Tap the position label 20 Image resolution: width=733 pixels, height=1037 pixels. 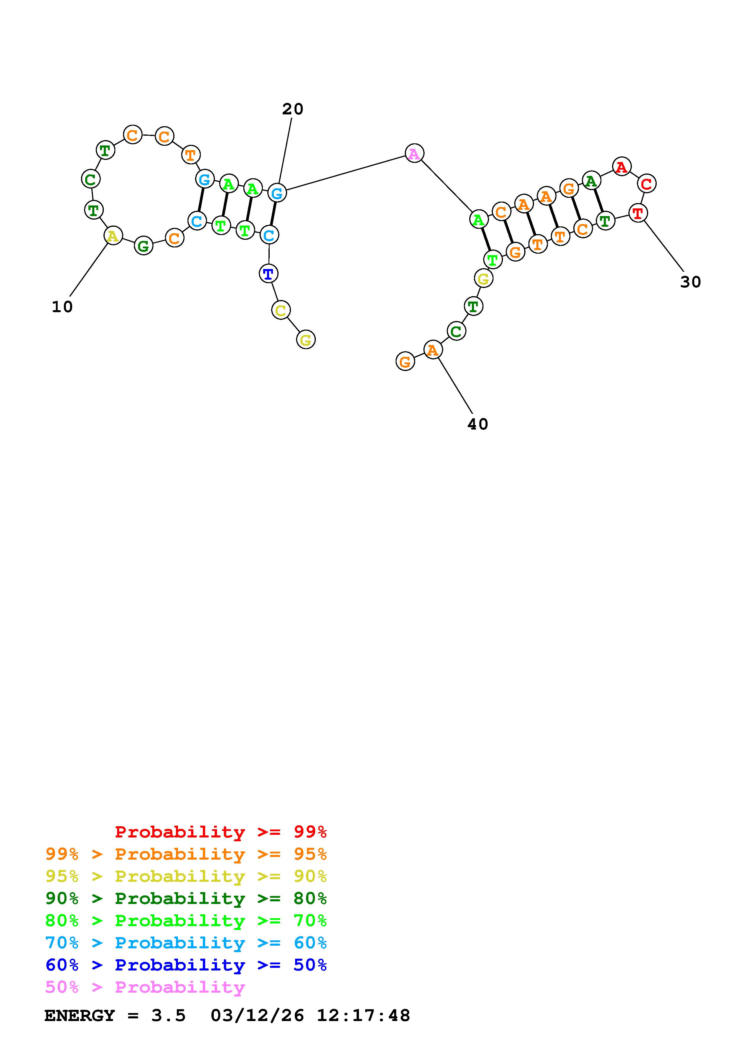[x=293, y=109]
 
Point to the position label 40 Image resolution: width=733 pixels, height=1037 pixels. [x=477, y=424]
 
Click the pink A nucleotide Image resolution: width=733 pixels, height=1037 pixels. [x=414, y=153]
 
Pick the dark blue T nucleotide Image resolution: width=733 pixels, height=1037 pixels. [x=268, y=274]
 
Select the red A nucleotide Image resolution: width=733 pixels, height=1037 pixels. [x=622, y=167]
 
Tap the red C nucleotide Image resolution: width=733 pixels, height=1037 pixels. [x=646, y=184]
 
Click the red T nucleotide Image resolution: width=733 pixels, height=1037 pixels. [x=638, y=213]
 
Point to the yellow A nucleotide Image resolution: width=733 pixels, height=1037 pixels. [x=113, y=235]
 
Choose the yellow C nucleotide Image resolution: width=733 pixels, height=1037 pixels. [x=281, y=310]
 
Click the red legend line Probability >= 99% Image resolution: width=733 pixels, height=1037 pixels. [x=221, y=832]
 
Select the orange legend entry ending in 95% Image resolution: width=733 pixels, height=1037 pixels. [x=186, y=854]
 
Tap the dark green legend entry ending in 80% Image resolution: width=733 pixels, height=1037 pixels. [x=186, y=898]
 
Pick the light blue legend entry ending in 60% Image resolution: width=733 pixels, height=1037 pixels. [x=186, y=943]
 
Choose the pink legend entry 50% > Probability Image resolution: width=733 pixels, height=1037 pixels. [x=145, y=987]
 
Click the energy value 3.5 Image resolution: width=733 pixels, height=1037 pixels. [x=169, y=1015]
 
